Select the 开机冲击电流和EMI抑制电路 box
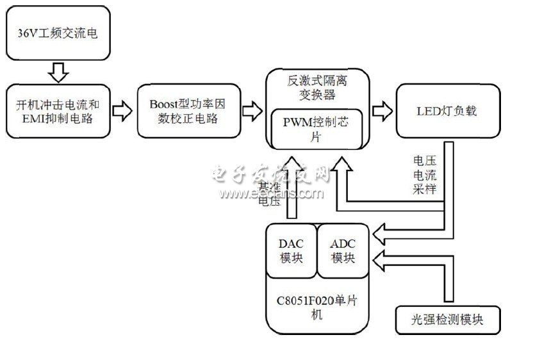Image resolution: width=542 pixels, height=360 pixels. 58,110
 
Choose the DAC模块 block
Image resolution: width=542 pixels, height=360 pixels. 292,251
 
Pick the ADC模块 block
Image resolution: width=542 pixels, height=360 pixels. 343,251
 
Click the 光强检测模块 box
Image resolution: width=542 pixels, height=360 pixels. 447,319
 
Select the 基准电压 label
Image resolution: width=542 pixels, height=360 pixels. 270,192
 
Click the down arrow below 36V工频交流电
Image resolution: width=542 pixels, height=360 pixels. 58,72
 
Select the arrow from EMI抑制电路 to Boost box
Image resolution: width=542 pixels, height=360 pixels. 122,110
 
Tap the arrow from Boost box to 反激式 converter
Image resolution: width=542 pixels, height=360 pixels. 252,110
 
